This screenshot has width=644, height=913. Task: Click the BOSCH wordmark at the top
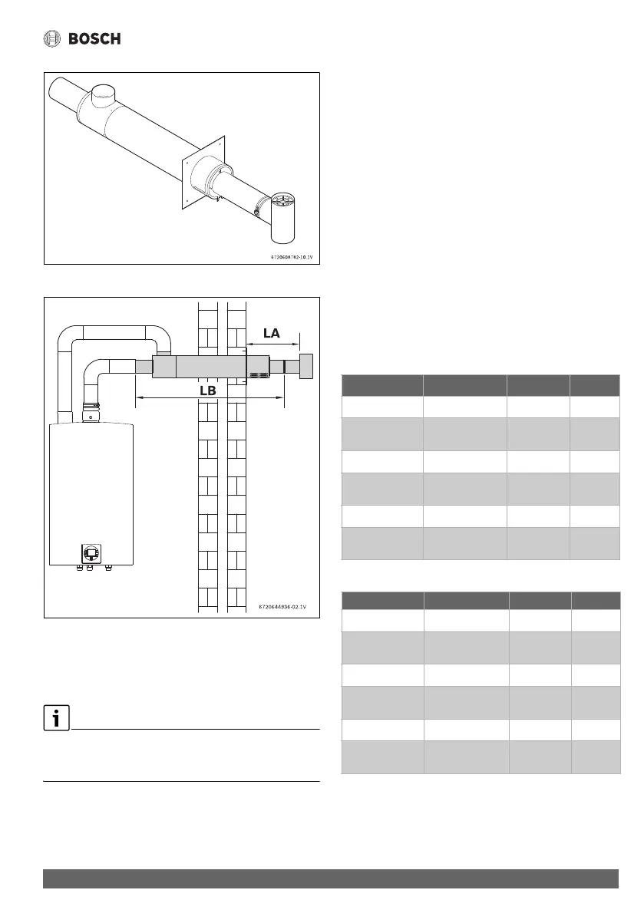tap(94, 39)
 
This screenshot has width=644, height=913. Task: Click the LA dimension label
tap(270, 335)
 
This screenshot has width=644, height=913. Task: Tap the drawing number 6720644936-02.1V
tap(284, 607)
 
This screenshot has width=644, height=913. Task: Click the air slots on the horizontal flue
tap(258, 377)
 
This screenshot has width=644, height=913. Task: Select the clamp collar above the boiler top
tap(91, 406)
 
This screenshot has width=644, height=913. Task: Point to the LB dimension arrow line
tap(209, 397)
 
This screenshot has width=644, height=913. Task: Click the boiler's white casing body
tap(91, 483)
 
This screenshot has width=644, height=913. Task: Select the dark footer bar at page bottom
tap(330, 878)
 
